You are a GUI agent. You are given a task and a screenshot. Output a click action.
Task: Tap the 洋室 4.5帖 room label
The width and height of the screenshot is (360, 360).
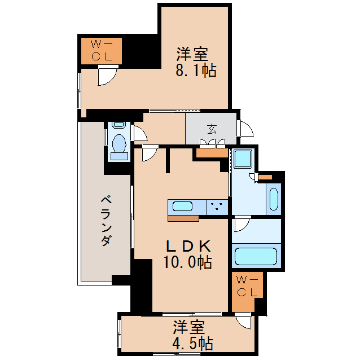(192, 335)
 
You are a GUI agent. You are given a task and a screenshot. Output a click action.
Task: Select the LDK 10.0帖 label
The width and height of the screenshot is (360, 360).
(188, 254)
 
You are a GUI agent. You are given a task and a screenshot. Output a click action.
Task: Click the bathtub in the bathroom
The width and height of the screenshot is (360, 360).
(257, 255)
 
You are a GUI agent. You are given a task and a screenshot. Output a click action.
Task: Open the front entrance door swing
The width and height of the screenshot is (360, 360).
(245, 129)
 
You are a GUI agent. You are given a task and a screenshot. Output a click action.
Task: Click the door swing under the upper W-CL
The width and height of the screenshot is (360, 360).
(106, 76)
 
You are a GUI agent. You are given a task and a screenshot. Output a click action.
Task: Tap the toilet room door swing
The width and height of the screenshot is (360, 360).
(140, 134)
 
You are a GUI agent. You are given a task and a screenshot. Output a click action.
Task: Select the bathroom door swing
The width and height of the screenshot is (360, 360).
(241, 225)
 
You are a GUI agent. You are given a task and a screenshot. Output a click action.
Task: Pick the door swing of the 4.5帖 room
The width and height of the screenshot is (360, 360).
(244, 322)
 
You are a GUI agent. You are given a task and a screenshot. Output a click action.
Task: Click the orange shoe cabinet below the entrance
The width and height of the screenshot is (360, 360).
(212, 152)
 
